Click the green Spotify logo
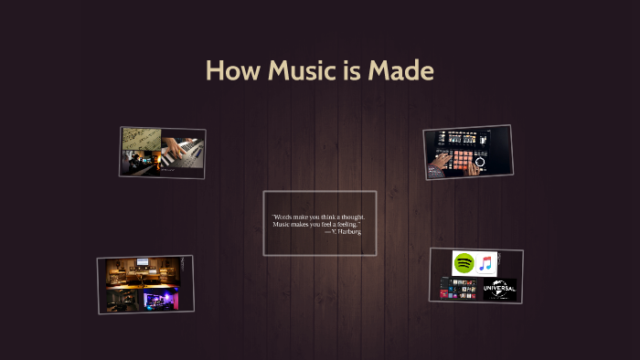point(464,263)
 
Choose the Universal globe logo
point(499,290)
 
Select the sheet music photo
point(142,140)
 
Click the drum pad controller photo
point(466,152)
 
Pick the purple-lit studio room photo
point(164,299)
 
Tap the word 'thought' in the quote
point(348,217)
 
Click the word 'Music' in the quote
point(283,225)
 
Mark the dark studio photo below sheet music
point(142,163)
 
